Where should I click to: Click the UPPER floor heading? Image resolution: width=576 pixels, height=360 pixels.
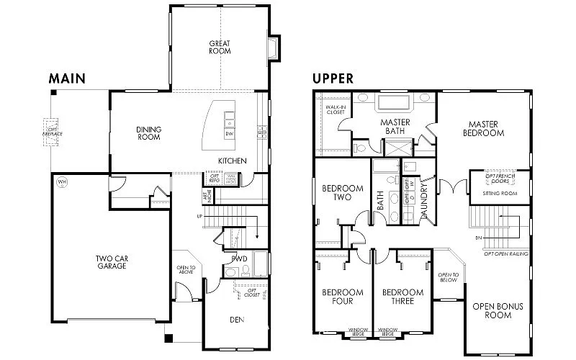pyautogui.click(x=333, y=78)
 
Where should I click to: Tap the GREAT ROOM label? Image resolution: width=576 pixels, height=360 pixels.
pyautogui.click(x=220, y=47)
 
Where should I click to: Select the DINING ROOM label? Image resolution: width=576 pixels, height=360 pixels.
pyautogui.click(x=148, y=133)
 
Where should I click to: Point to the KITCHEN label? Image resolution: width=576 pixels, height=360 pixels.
pyautogui.click(x=233, y=161)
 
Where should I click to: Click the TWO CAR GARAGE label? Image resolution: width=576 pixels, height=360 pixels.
pyautogui.click(x=111, y=262)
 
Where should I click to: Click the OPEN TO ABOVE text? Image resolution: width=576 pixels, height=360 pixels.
pyautogui.click(x=186, y=270)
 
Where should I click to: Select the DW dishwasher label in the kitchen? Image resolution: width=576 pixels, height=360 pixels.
pyautogui.click(x=229, y=133)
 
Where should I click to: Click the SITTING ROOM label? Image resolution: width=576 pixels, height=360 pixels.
pyautogui.click(x=500, y=194)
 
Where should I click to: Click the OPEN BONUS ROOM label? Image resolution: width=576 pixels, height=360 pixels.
pyautogui.click(x=498, y=310)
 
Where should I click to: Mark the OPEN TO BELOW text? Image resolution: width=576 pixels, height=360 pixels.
pyautogui.click(x=448, y=278)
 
